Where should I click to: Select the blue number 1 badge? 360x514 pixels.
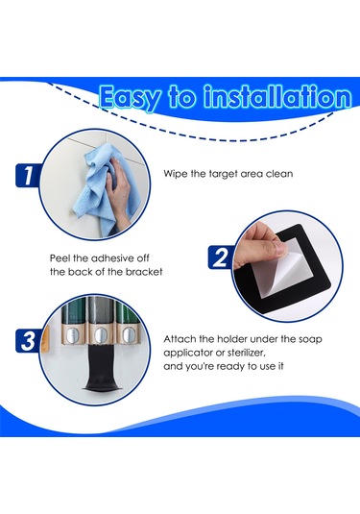[28, 176]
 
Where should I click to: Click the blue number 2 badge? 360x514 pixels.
[221, 257]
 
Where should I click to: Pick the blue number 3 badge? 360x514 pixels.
[28, 341]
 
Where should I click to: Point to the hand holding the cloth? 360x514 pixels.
[119, 192]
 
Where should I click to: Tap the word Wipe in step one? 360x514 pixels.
[176, 173]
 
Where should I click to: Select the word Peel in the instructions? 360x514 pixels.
[60, 258]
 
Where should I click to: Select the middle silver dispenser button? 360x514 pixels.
[99, 334]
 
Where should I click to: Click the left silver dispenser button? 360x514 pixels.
[71, 334]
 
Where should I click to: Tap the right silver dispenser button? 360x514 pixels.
[127, 334]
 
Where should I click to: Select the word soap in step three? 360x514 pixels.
[309, 339]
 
